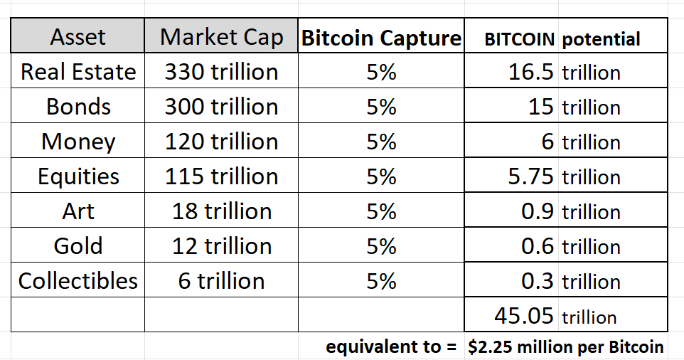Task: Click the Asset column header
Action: pyautogui.click(x=78, y=37)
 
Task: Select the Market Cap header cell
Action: pyautogui.click(x=221, y=37)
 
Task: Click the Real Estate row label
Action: pyautogui.click(x=78, y=72)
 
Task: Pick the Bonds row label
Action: pyautogui.click(x=78, y=107)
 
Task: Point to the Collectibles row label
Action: pyautogui.click(x=78, y=280)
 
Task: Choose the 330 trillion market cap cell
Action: pyautogui.click(x=221, y=72)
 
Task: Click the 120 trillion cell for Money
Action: pyautogui.click(x=221, y=142)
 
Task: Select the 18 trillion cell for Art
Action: pyautogui.click(x=221, y=211)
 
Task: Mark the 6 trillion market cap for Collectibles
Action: pyautogui.click(x=221, y=280)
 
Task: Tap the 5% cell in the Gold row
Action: pyautogui.click(x=381, y=246)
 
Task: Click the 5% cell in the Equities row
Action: pyautogui.click(x=381, y=176)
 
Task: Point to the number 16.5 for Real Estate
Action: pyautogui.click(x=531, y=72)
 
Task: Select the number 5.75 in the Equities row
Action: pyautogui.click(x=530, y=176)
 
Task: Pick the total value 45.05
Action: pyautogui.click(x=523, y=315)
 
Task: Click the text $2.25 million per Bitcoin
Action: pyautogui.click(x=566, y=347)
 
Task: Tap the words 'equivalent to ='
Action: pyautogui.click(x=390, y=347)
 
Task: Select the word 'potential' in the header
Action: pyautogui.click(x=601, y=39)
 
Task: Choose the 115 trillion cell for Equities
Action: pyautogui.click(x=221, y=176)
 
